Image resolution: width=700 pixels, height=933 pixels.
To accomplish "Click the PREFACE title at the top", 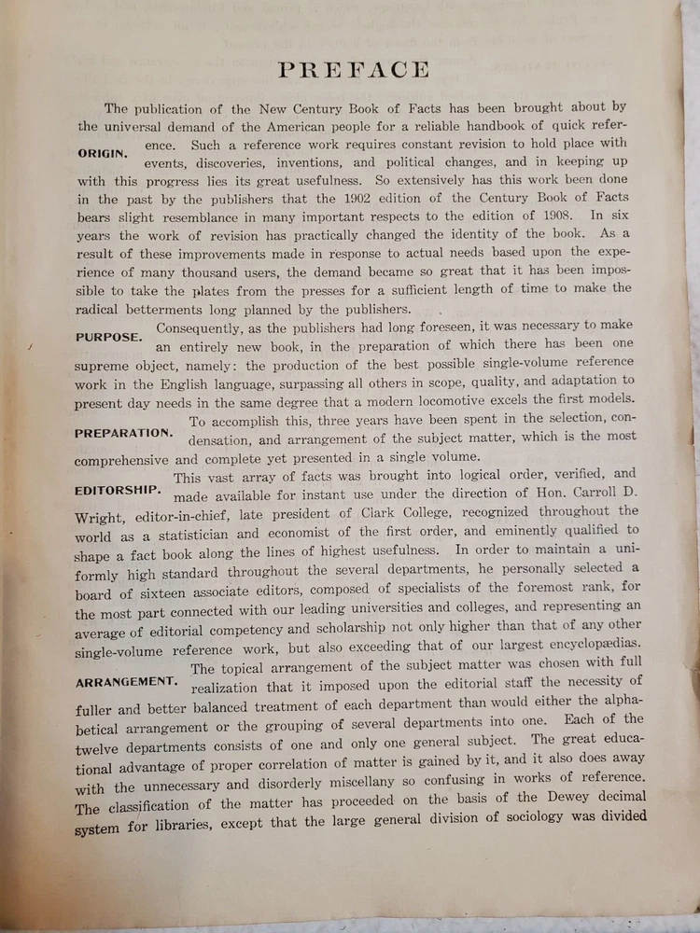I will point(354,70).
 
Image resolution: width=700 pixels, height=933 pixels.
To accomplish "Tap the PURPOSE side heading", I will point(109,336).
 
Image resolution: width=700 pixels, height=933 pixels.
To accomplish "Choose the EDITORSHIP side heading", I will point(119,490).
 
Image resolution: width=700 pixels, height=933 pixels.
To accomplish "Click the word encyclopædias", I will point(590,646).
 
